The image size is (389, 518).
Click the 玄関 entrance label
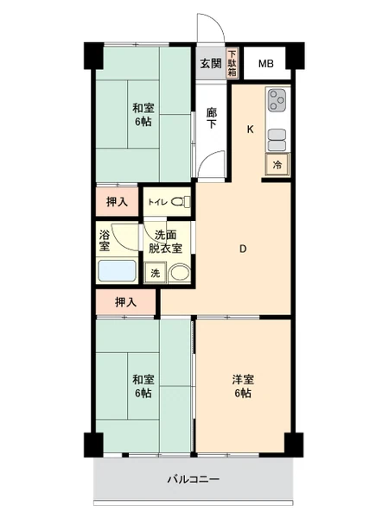coord(210,63)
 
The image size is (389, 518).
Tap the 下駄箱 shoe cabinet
coord(233,63)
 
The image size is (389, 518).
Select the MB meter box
coord(265,63)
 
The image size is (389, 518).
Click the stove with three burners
coord(277,100)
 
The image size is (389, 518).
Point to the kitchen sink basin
coord(277,140)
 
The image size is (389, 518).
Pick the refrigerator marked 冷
coord(277,164)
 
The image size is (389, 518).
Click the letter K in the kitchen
coord(251,129)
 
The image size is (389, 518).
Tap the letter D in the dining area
coord(243,249)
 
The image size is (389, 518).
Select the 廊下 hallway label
coord(212,118)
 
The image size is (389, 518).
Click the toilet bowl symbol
coord(181,201)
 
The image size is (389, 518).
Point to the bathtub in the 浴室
coord(118,271)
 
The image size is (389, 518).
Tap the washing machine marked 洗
coord(155,273)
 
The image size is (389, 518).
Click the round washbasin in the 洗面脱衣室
coord(180,273)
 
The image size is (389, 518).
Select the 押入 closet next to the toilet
coord(117,201)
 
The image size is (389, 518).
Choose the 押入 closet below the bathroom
coord(125,302)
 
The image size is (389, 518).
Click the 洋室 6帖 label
coord(243,386)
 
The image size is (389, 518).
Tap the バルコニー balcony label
coord(193,479)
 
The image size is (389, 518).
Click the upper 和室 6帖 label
coord(143,115)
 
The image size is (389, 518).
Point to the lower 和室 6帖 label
coord(143,386)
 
